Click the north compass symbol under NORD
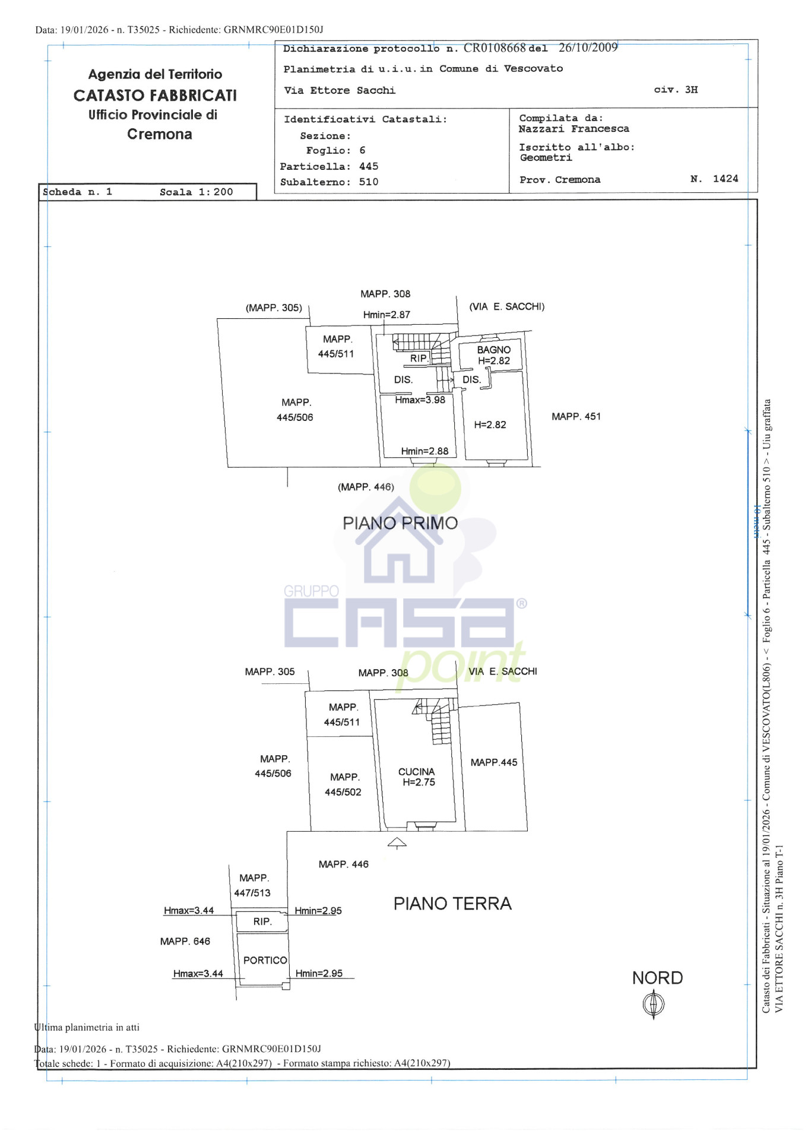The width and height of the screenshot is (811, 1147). click(x=654, y=1005)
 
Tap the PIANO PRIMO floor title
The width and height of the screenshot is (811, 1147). click(x=400, y=523)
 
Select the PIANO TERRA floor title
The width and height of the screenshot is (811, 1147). click(x=452, y=904)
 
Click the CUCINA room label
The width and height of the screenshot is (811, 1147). click(x=416, y=772)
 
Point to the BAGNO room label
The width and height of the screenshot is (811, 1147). click(x=494, y=350)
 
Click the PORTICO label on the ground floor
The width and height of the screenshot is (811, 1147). click(x=265, y=960)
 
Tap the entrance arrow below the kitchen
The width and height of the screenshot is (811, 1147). click(x=397, y=842)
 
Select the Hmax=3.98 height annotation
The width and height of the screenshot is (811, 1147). click(x=420, y=400)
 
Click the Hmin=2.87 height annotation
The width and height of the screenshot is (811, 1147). click(x=387, y=315)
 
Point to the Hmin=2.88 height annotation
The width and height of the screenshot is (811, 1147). click(x=424, y=451)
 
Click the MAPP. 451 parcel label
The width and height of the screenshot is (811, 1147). click(x=576, y=417)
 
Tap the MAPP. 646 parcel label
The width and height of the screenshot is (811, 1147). click(x=185, y=942)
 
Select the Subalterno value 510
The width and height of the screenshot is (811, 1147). click(x=368, y=182)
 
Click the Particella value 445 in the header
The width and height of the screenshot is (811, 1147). click(x=368, y=167)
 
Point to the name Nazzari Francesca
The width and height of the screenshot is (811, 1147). click(x=574, y=129)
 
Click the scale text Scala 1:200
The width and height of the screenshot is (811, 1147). click(x=196, y=192)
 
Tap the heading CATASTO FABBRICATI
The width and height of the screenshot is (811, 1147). click(x=155, y=96)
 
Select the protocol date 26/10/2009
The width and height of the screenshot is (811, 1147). click(x=588, y=47)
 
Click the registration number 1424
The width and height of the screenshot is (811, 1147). click(x=726, y=179)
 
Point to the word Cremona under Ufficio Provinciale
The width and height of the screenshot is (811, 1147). click(x=159, y=134)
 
